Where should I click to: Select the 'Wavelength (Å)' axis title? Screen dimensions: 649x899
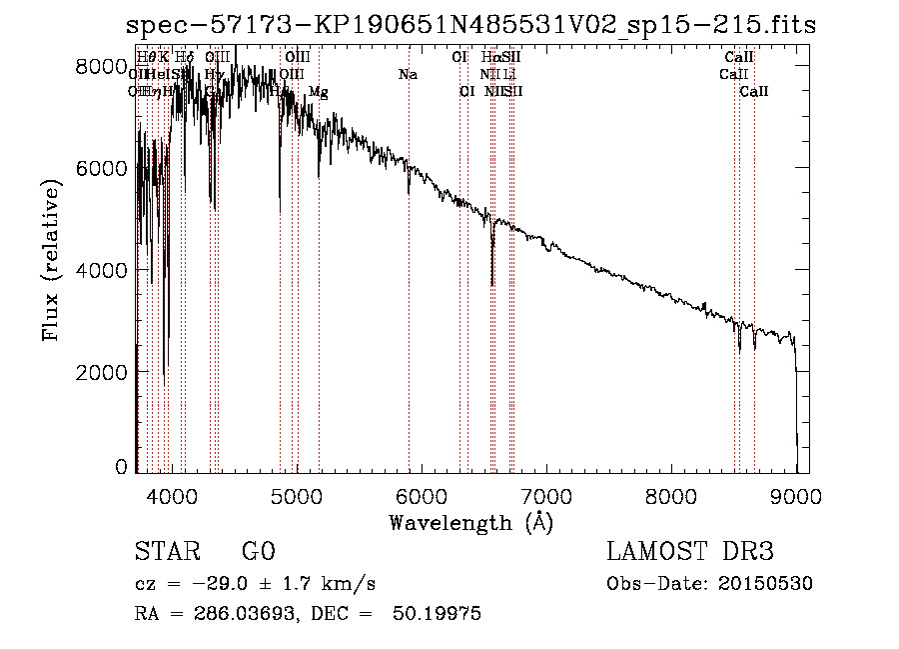pos(470,522)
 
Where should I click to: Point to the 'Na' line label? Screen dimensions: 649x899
pos(408,75)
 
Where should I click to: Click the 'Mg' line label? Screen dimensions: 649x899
pos(319,92)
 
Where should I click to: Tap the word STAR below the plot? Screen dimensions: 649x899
pos(166,552)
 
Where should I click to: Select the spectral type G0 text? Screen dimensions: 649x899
pos(258,552)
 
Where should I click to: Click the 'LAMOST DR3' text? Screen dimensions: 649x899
pos(690,552)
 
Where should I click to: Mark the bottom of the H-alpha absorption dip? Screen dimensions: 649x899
pos(492,284)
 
